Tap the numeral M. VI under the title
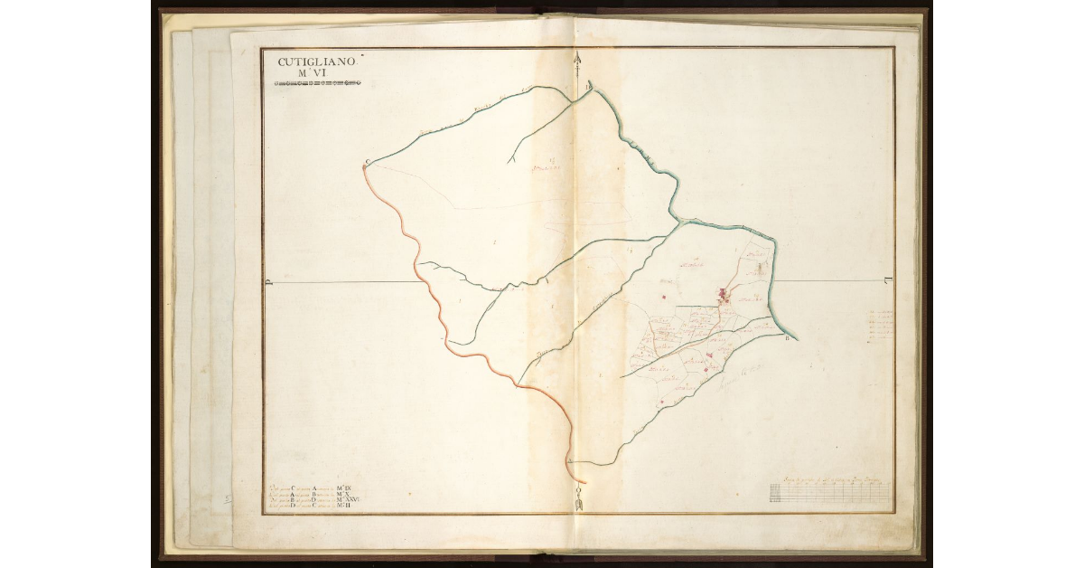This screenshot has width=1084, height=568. pyautogui.click(x=317, y=75)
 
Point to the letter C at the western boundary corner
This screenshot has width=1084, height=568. pyautogui.click(x=367, y=163)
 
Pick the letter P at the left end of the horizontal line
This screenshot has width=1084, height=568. pyautogui.click(x=269, y=282)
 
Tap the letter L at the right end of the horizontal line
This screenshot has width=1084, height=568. pyautogui.click(x=887, y=279)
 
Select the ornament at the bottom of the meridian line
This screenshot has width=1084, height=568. pyautogui.click(x=578, y=497)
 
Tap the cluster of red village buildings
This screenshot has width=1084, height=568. pyautogui.click(x=724, y=293)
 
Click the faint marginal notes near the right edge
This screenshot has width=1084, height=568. pyautogui.click(x=878, y=326)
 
